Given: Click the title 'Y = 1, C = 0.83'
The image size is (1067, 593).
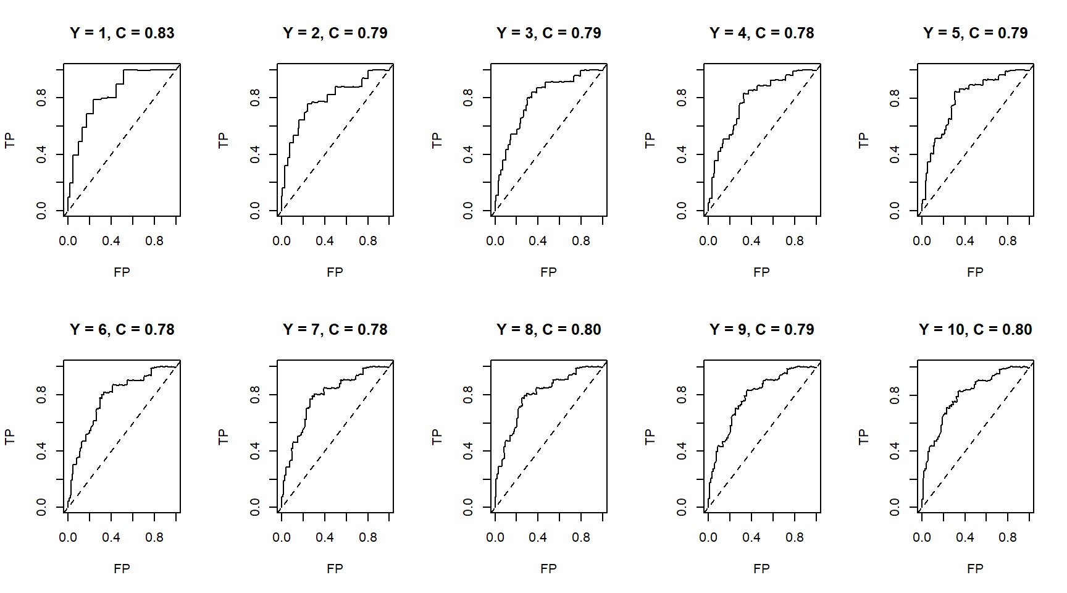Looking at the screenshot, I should [122, 33].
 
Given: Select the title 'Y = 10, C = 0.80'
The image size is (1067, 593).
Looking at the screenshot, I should [975, 330].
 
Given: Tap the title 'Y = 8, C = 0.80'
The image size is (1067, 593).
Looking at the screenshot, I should [548, 330].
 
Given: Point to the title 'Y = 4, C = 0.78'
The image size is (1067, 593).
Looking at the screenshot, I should [761, 33].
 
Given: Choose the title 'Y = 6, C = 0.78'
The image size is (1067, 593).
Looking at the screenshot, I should [122, 330].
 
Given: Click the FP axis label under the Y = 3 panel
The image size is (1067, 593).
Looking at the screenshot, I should [548, 272].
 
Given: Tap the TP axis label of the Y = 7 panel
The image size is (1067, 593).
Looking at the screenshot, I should [223, 437].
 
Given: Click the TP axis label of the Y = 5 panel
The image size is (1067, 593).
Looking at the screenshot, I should [863, 140].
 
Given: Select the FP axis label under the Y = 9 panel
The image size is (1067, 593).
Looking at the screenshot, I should [761, 568].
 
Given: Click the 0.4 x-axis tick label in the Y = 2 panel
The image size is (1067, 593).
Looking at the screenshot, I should [325, 241].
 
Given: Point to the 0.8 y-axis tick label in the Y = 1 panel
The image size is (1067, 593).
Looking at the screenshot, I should [41, 98].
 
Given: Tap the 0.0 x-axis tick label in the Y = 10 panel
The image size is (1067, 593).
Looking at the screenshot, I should [922, 537].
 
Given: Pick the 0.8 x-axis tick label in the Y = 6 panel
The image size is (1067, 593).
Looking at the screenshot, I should [154, 537].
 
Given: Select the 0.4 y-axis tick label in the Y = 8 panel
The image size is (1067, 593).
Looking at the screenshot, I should [468, 451].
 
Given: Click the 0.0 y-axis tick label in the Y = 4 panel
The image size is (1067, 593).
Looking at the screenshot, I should [682, 211].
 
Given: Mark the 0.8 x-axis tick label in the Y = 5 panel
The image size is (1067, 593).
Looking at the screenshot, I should [1008, 241].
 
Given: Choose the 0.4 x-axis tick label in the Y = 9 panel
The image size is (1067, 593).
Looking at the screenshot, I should [751, 537].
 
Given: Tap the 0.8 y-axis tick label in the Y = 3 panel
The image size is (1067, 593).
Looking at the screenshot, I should [468, 98].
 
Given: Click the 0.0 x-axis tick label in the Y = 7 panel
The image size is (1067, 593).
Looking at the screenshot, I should [282, 537].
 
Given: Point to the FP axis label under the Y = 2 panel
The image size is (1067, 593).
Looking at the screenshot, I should [335, 272].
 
